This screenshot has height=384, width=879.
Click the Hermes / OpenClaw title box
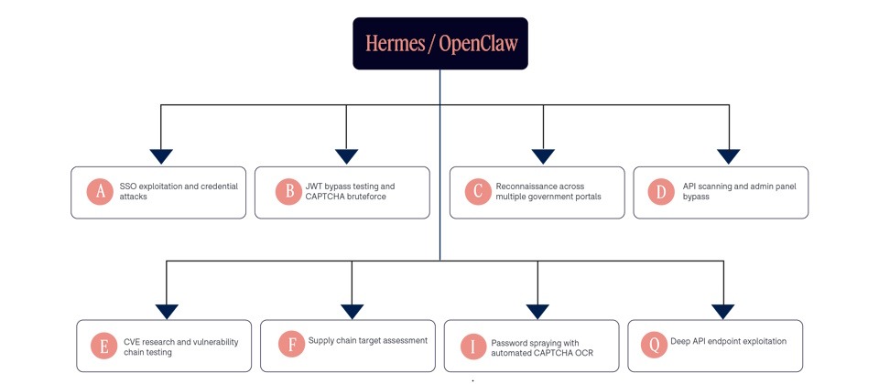pyautogui.click(x=440, y=44)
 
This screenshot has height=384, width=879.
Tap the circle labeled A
pyautogui.click(x=101, y=191)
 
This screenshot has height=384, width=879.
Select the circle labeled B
pyautogui.click(x=289, y=191)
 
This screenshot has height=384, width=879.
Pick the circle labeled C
pyautogui.click(x=478, y=191)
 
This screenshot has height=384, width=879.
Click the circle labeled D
pyautogui.click(x=661, y=191)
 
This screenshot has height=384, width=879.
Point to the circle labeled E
pyautogui.click(x=104, y=346)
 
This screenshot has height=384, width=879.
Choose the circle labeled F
pyautogui.click(x=292, y=345)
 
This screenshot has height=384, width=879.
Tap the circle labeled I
pyautogui.click(x=474, y=346)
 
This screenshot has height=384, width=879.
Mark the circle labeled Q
pyautogui.click(x=654, y=345)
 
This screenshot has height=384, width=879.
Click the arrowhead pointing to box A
pyautogui.click(x=161, y=156)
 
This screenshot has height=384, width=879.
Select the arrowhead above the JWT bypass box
pyautogui.click(x=346, y=156)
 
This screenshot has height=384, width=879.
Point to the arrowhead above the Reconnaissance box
pyautogui.click(x=543, y=156)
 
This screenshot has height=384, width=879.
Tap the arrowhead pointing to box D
pyautogui.click(x=729, y=156)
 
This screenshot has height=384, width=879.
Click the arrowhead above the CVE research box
pyautogui.click(x=167, y=312)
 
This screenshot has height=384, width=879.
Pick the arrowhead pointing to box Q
pyautogui.click(x=723, y=312)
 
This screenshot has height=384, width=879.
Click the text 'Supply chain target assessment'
pyautogui.click(x=368, y=340)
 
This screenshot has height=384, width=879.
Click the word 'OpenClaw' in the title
pyautogui.click(x=478, y=44)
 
